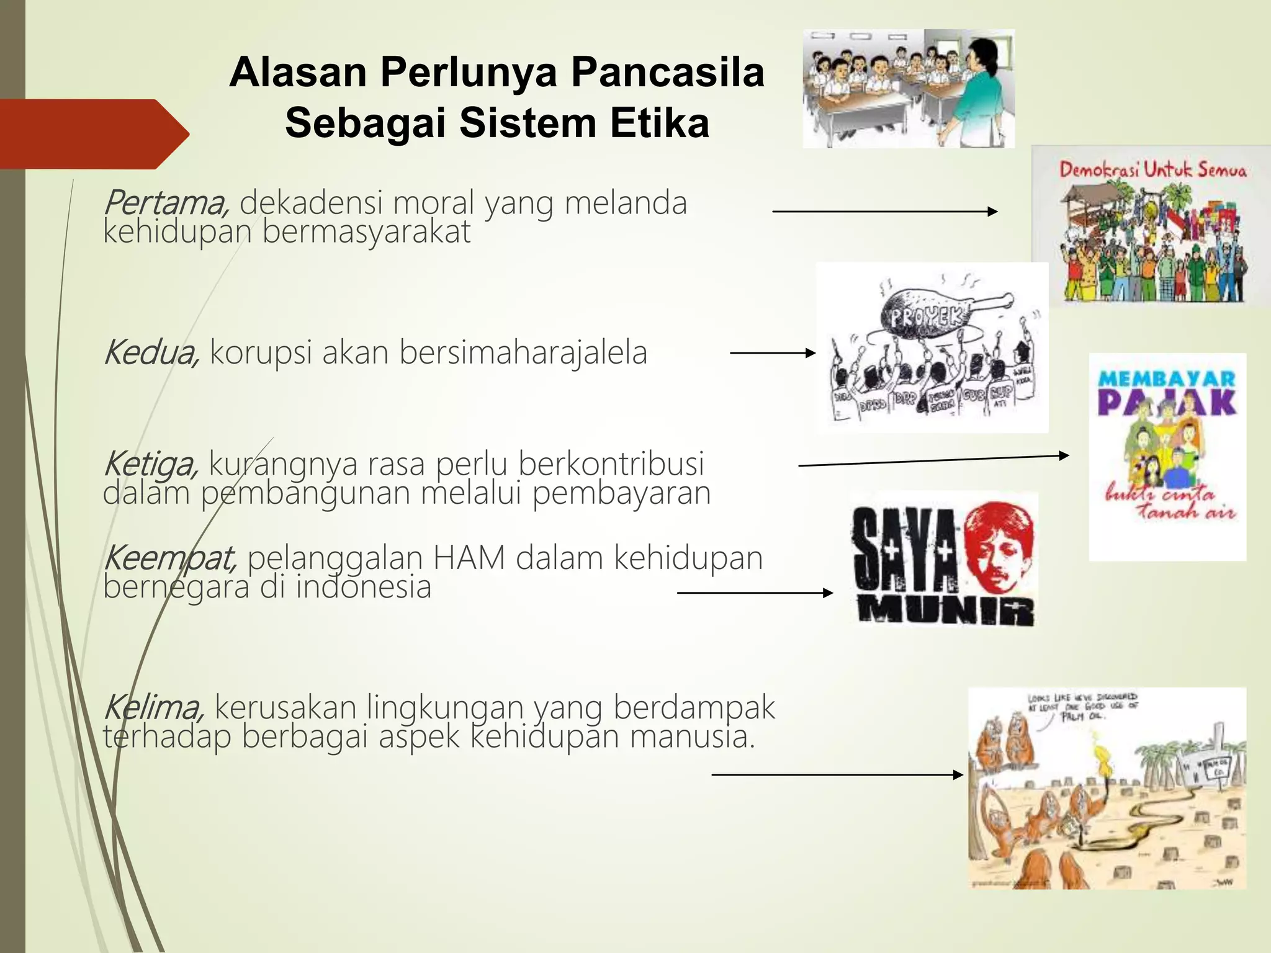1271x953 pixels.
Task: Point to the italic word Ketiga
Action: [x=151, y=464]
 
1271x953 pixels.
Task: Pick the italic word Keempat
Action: [x=170, y=558]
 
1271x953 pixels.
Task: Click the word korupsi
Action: [x=261, y=352]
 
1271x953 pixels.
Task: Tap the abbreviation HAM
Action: [x=469, y=558]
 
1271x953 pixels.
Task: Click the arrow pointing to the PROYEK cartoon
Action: [x=773, y=353]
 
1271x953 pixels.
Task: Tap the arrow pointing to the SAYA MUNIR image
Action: [x=755, y=593]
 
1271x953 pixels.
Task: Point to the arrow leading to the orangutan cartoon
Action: [x=837, y=775]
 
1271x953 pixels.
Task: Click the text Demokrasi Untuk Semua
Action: [x=1152, y=169]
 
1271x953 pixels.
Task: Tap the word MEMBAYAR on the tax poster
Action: [x=1167, y=378]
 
